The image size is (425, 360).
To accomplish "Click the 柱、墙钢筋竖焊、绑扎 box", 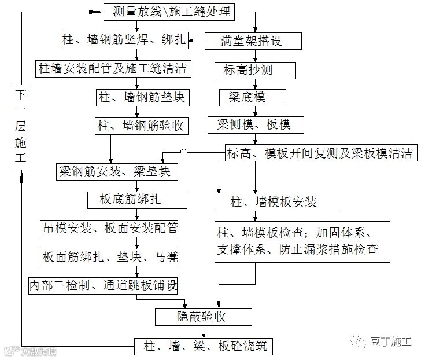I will [x=124, y=40].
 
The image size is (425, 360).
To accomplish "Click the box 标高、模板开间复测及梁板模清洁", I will [x=320, y=153].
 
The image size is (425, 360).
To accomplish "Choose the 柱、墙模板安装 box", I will [x=278, y=203].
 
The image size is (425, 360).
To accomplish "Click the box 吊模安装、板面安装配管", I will [x=109, y=229].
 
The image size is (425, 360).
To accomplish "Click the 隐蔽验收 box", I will [x=203, y=317].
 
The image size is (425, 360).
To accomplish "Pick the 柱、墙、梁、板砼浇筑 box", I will [x=203, y=347].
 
